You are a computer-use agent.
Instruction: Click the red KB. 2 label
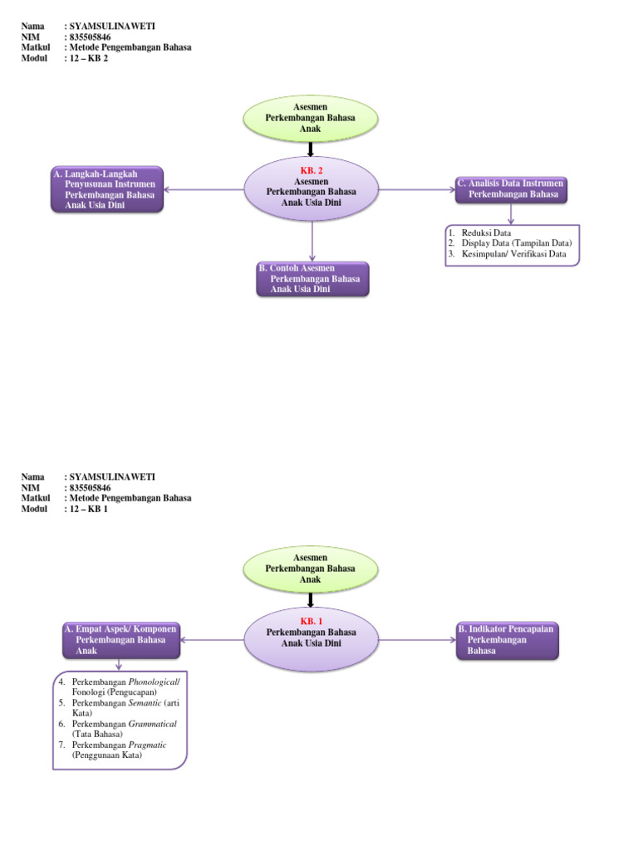click(x=312, y=170)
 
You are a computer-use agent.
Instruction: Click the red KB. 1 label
click(x=312, y=621)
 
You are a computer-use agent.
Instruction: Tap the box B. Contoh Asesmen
click(x=312, y=279)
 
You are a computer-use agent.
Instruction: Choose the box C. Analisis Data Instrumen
click(x=511, y=188)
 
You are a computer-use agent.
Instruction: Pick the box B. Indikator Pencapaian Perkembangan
click(x=506, y=641)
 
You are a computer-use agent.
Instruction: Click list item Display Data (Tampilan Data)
click(x=516, y=243)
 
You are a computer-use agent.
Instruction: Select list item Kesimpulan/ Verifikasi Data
click(x=513, y=254)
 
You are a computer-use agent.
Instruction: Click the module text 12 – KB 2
click(x=89, y=58)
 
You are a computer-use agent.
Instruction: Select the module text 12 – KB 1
click(x=89, y=509)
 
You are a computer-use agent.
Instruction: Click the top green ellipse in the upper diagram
click(x=310, y=118)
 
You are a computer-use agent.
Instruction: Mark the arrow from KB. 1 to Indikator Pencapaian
click(x=416, y=640)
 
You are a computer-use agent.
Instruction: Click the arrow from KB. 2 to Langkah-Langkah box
click(x=204, y=189)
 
